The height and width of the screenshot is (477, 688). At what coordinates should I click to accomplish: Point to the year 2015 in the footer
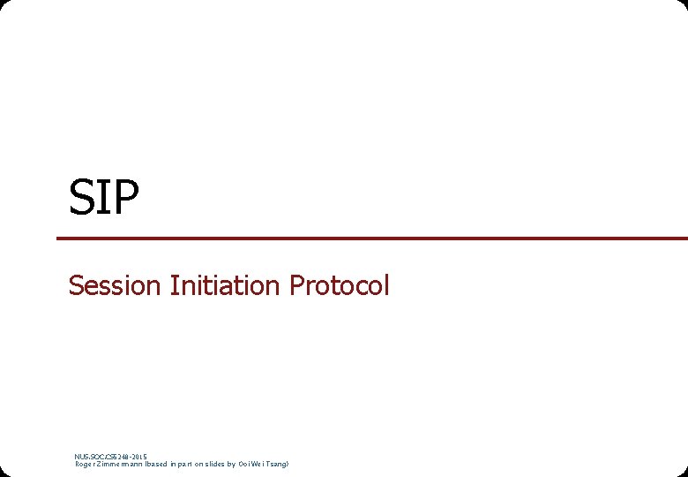coord(138,457)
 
